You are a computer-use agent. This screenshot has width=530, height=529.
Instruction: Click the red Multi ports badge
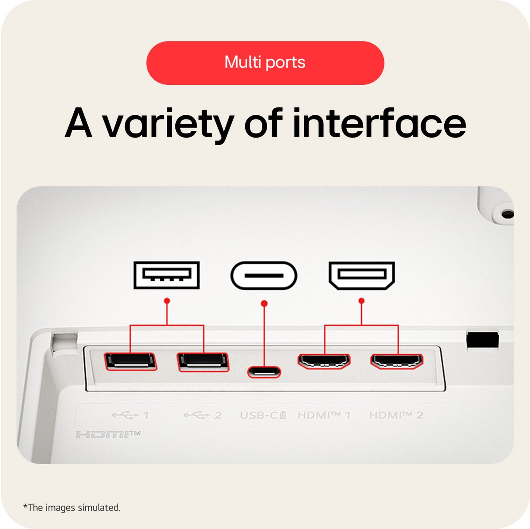(x=265, y=63)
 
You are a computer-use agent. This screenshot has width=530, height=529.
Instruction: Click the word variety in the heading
(x=168, y=125)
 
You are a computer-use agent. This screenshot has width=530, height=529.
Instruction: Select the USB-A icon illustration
(x=167, y=275)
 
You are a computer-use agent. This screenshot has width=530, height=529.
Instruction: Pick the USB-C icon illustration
(x=264, y=275)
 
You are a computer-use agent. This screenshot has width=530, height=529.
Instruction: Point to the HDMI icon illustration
(x=362, y=276)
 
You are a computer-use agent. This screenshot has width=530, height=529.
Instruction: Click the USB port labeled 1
(x=130, y=362)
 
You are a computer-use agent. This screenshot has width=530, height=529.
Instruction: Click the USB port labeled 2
(x=203, y=362)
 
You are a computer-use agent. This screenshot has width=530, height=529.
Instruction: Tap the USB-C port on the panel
(x=264, y=372)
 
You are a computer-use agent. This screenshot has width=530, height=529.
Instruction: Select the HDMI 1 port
(x=324, y=361)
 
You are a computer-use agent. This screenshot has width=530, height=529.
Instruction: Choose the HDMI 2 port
(x=397, y=362)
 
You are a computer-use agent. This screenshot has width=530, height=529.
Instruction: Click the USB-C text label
(x=263, y=415)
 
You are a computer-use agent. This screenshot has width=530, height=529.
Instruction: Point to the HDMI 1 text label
(x=324, y=415)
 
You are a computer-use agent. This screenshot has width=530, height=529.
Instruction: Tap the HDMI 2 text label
(x=396, y=415)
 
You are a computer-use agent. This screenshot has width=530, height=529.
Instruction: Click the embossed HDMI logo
(x=108, y=435)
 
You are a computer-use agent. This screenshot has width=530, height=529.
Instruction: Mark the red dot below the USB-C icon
(x=264, y=303)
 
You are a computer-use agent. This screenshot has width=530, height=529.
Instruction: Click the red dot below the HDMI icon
(x=361, y=301)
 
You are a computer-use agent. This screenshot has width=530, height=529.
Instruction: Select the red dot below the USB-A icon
(x=167, y=301)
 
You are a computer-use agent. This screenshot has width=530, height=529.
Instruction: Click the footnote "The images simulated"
(x=72, y=507)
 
